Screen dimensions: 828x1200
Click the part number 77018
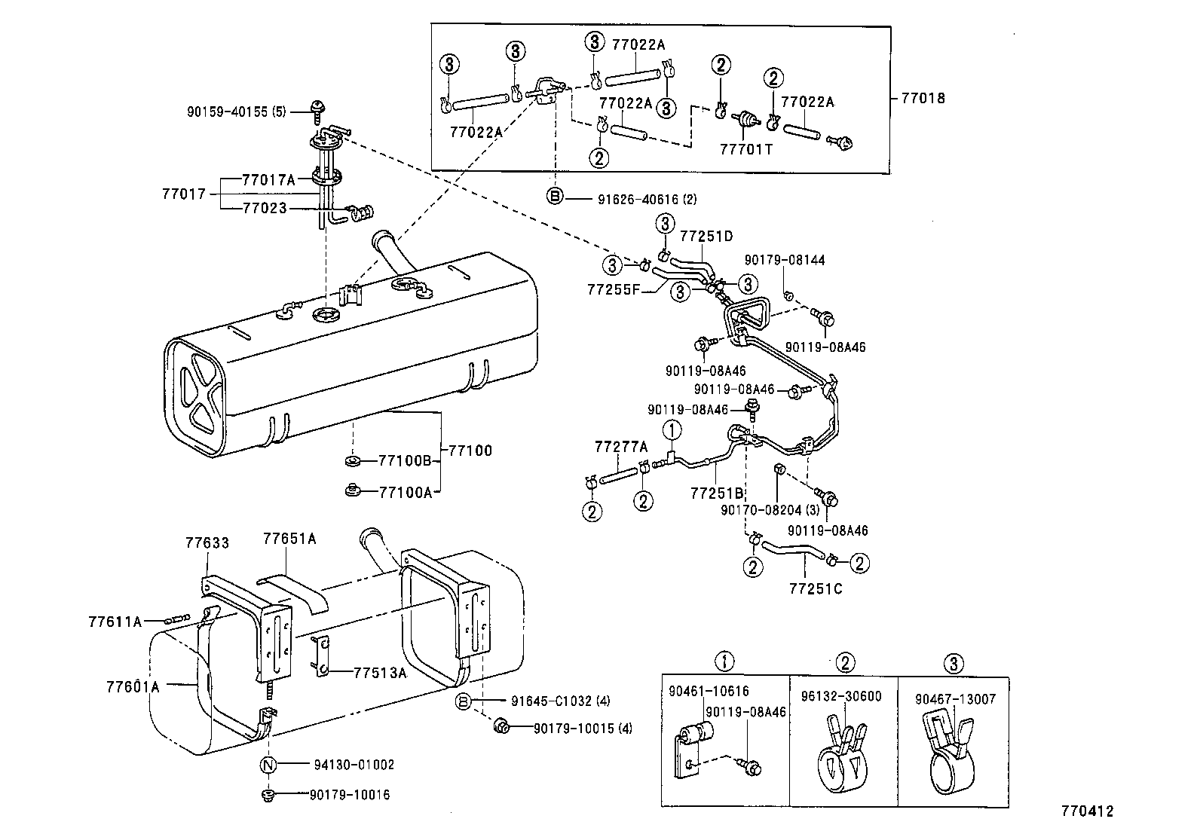coord(922,98)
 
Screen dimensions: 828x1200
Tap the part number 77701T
coord(746,149)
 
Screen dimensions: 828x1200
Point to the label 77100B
coord(404,460)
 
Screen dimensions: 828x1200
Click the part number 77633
coord(207,542)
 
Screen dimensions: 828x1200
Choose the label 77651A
coord(289,539)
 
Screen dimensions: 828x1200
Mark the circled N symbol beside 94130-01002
coord(268,765)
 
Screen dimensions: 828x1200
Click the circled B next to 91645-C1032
coord(464,701)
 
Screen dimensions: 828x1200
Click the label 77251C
coord(816,589)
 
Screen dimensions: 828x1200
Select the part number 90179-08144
coord(784,260)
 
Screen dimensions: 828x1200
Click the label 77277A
coord(620,447)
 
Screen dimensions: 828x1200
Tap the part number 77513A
coord(380,673)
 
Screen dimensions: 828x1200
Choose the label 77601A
coord(133,686)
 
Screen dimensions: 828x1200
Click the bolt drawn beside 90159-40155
coord(317,110)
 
